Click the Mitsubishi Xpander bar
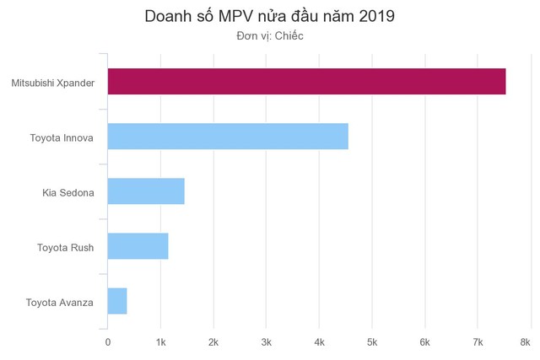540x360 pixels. [x=306, y=82]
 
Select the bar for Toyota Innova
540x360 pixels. [x=228, y=137]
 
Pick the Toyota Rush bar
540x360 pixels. [x=138, y=246]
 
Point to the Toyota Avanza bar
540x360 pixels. [x=117, y=301]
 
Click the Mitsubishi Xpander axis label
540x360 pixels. [x=53, y=83]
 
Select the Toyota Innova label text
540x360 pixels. [x=62, y=137]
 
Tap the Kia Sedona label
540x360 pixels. [x=68, y=192]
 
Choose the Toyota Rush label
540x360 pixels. [x=66, y=247]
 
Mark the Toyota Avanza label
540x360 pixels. [x=60, y=302]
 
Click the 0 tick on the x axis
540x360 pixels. [x=107, y=341]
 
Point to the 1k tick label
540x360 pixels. [x=160, y=341]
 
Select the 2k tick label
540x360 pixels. [x=213, y=341]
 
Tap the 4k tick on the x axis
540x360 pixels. [x=319, y=341]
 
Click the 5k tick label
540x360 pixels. [x=372, y=341]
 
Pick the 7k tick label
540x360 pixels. [x=478, y=341]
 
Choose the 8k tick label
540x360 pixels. [x=525, y=341]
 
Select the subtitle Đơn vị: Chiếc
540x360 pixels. [x=269, y=36]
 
